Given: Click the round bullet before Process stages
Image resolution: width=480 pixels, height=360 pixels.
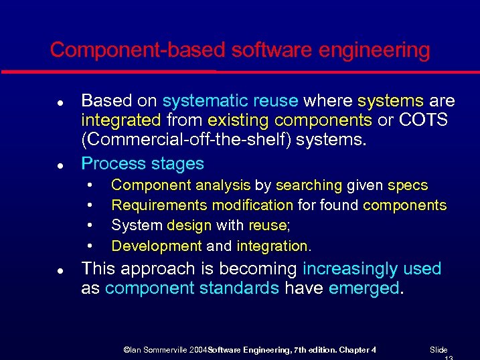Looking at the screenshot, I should (60, 165).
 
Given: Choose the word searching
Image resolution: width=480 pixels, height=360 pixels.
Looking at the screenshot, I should (309, 185).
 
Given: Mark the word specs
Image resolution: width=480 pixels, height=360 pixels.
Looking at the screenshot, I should (408, 185).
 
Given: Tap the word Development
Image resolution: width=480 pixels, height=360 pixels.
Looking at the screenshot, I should (157, 246).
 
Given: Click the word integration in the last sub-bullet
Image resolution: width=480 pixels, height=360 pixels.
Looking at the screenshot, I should (272, 246).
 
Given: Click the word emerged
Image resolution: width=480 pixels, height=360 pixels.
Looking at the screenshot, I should (364, 289).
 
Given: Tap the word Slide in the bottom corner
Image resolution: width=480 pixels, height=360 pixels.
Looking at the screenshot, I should (438, 349).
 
